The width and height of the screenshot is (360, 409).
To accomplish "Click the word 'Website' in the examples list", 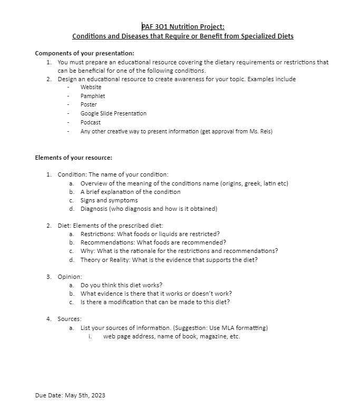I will (x=91, y=87).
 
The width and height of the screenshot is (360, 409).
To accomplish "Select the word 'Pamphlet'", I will (x=93, y=96).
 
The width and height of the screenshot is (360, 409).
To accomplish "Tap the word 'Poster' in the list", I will (x=89, y=104).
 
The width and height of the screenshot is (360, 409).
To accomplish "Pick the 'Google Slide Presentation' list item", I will (x=113, y=113).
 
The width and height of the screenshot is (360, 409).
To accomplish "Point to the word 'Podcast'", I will (x=91, y=122).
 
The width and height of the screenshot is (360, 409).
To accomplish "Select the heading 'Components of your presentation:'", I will (x=84, y=53).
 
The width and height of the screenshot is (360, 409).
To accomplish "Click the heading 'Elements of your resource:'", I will (x=73, y=158).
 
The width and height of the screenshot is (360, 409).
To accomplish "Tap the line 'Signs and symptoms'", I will (x=109, y=200).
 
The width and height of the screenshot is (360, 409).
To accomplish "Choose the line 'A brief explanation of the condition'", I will (x=130, y=192).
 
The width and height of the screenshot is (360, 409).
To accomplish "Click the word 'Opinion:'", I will (x=70, y=277).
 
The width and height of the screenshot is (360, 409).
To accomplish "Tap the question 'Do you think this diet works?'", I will (x=122, y=285).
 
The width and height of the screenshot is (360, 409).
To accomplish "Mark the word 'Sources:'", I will (x=70, y=319).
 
